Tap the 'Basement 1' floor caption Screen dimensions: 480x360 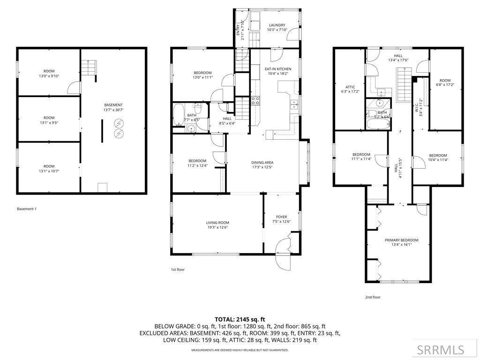27,209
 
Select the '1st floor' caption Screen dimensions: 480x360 178,270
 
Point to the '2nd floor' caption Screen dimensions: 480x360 373,297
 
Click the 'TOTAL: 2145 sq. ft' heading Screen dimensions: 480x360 240,320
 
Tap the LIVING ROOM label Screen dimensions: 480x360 217,223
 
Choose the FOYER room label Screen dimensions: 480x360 281,217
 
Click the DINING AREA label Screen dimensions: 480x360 262,163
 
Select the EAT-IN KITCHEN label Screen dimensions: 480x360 278,69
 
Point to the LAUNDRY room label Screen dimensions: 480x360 277,25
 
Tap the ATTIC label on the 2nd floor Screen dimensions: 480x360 350,87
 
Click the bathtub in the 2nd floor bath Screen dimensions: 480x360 378,124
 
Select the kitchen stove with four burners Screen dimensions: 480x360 255,101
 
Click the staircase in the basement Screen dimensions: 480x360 89,67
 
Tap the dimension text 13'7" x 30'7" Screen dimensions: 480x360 113,110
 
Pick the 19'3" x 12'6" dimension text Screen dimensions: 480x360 217,227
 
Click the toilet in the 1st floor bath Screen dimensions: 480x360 197,108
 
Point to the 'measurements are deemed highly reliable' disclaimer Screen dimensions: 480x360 240,350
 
